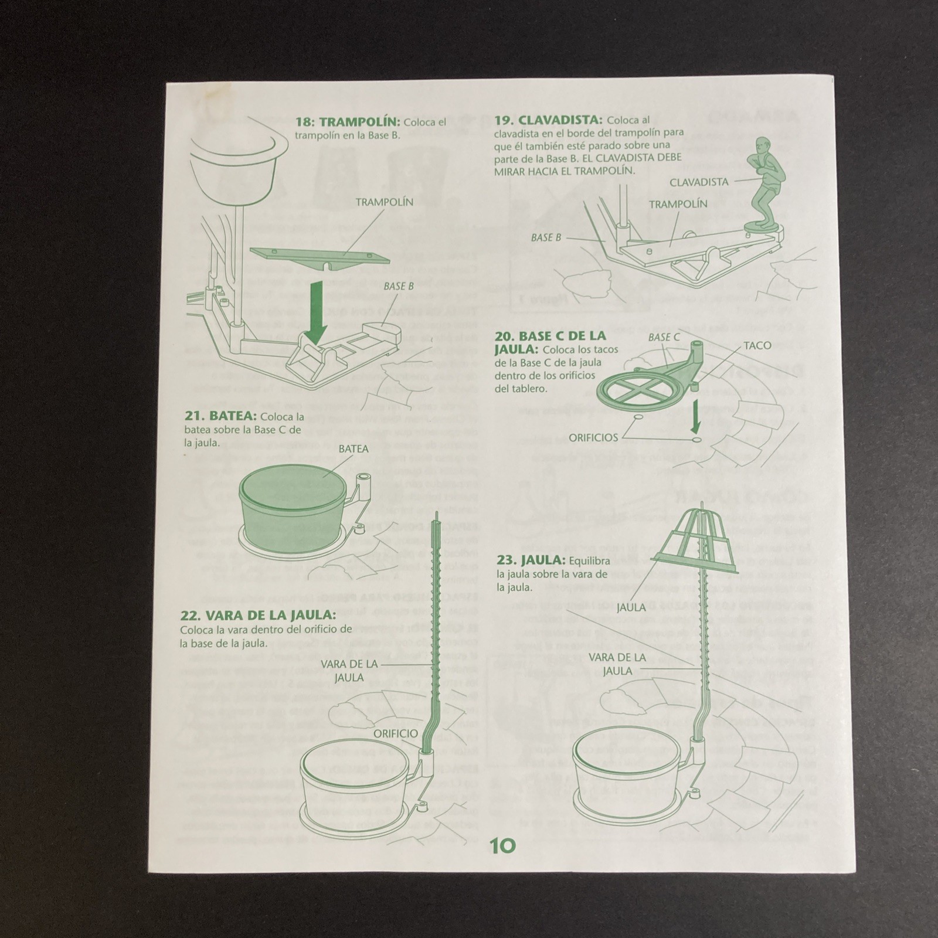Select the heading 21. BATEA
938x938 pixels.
tap(221, 416)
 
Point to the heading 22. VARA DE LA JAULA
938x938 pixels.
tap(259, 616)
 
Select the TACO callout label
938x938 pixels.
tap(758, 345)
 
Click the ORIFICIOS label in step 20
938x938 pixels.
tap(593, 437)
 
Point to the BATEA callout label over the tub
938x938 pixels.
tap(354, 449)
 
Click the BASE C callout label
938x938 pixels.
tap(664, 338)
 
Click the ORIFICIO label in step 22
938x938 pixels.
tap(397, 733)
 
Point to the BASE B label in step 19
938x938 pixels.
tap(546, 237)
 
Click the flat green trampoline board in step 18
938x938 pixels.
tap(320, 256)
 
